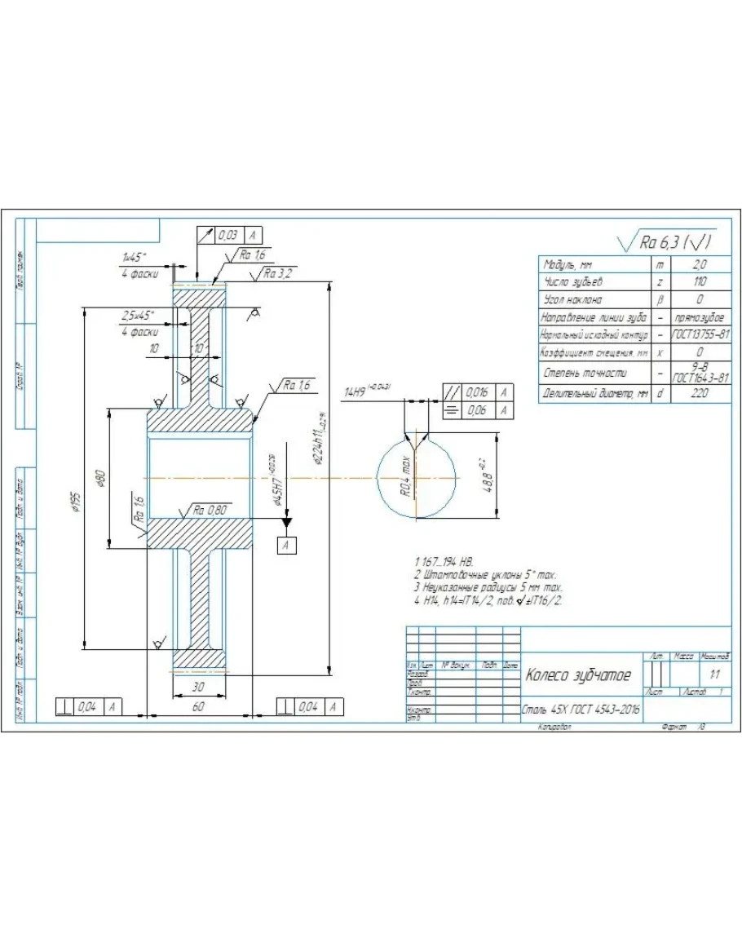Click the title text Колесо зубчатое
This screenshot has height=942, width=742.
578,675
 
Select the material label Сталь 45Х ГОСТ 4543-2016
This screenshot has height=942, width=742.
581,710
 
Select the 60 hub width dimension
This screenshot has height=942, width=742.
197,706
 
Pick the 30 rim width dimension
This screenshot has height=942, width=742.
197,687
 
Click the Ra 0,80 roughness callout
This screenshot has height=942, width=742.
210,510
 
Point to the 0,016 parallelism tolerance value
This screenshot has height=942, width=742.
477,392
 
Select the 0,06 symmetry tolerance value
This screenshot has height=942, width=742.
477,410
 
